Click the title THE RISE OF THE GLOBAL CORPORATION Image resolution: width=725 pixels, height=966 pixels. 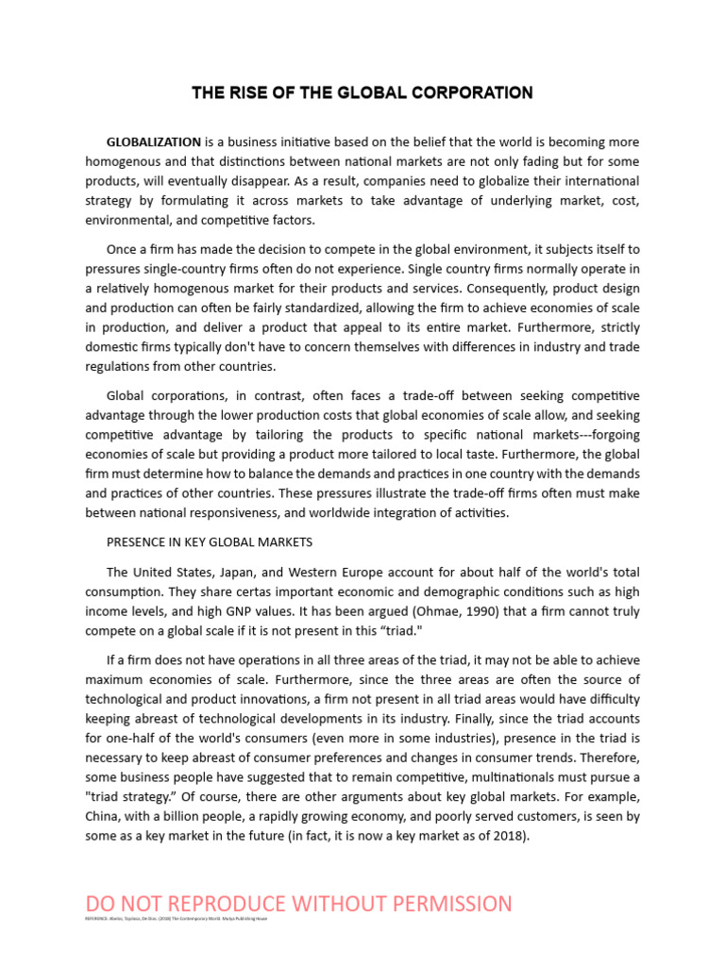click(362, 92)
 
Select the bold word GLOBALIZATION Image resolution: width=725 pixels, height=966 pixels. click(153, 142)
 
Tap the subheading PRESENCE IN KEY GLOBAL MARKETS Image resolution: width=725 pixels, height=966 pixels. click(209, 542)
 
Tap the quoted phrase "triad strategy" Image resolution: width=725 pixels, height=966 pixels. click(129, 795)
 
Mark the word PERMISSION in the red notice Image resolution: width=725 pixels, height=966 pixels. click(445, 904)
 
